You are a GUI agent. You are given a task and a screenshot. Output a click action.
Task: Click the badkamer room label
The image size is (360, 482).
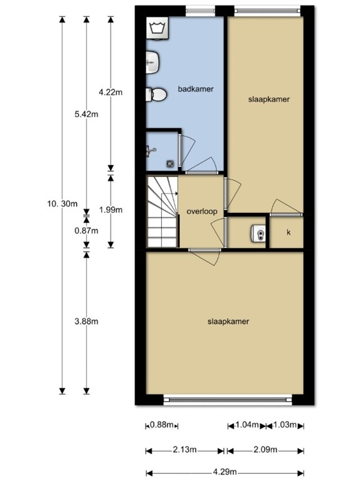(x=195, y=89)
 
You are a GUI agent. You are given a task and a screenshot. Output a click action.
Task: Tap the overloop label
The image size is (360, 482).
(x=202, y=212)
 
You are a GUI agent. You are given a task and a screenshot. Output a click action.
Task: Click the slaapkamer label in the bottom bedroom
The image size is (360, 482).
(x=228, y=321)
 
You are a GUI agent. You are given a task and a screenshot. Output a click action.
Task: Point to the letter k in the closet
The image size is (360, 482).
(x=289, y=233)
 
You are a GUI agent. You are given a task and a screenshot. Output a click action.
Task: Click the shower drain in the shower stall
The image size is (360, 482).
(x=170, y=163)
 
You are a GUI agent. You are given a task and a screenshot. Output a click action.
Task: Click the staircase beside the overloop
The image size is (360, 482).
(x=162, y=212)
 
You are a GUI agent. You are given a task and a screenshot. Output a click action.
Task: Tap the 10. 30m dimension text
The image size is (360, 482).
(x=62, y=203)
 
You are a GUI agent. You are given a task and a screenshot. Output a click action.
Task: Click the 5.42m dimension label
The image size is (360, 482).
(x=87, y=114)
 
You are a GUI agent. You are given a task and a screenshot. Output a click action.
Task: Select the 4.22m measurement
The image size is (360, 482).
(x=111, y=92)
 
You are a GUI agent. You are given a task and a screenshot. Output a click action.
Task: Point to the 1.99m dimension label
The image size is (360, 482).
(x=111, y=210)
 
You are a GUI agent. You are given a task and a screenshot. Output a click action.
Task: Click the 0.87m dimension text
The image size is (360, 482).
(x=87, y=230)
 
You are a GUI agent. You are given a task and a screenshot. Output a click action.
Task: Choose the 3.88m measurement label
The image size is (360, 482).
(x=87, y=321)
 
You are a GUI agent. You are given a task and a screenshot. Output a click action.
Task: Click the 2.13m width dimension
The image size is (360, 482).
(x=185, y=450)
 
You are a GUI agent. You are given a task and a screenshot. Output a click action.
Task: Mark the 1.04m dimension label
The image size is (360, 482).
(x=246, y=426)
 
